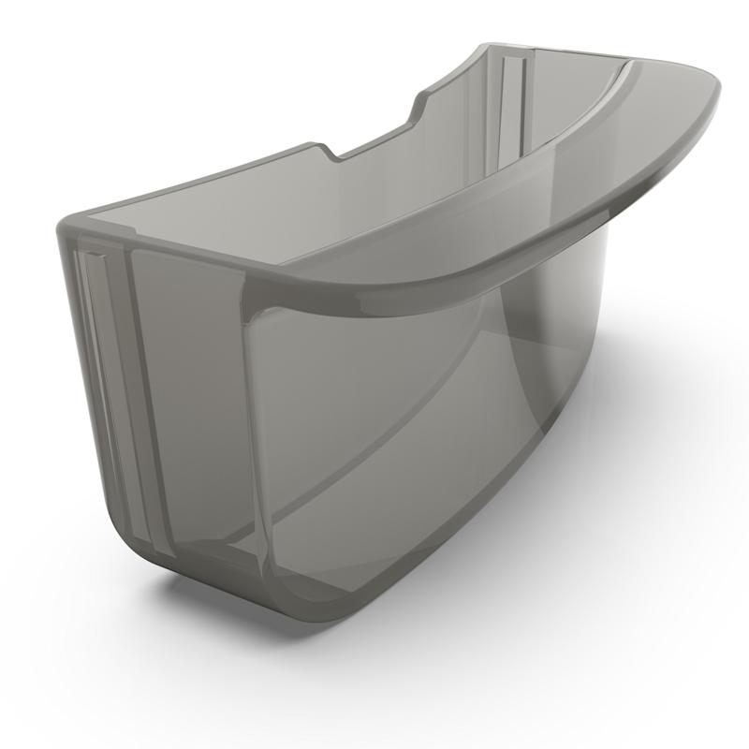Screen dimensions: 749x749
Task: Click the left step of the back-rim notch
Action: point(328,150)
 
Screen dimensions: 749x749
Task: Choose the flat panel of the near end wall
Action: point(187,393)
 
